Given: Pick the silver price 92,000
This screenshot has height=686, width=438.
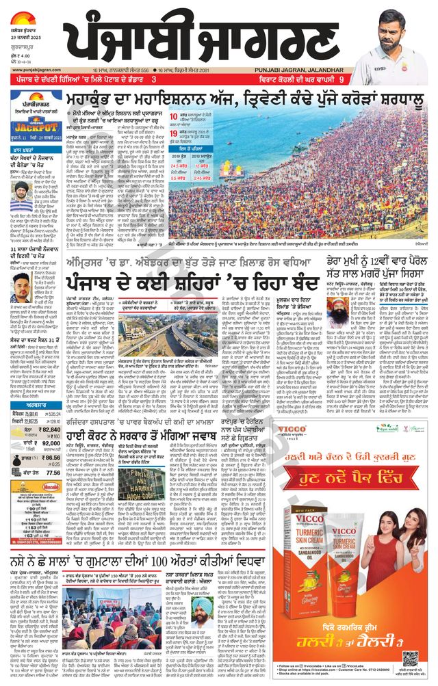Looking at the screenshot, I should coord(53,443).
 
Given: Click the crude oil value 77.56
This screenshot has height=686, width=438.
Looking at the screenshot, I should coord(53,472).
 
